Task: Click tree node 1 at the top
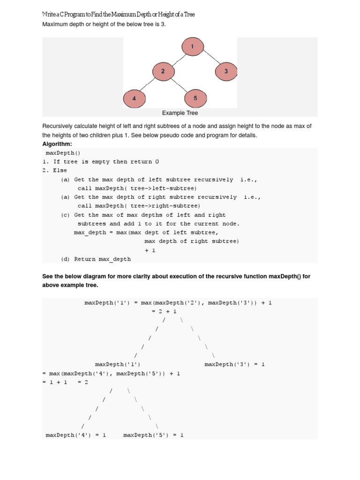point(192,47)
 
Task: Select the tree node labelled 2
point(163,71)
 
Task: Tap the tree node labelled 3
point(226,71)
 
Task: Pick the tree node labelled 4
point(135,98)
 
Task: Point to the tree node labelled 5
point(195,98)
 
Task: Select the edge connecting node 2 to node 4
point(148,85)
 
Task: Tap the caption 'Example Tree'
point(180,113)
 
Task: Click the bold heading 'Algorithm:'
point(57,144)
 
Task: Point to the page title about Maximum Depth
point(119,15)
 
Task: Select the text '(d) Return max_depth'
point(96,259)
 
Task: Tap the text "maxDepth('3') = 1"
point(234,364)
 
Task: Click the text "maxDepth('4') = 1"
point(75,435)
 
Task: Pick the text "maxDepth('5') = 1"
point(153,435)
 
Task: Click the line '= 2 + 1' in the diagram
point(164,311)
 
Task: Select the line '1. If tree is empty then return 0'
point(100,162)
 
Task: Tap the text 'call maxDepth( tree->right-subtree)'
point(139,206)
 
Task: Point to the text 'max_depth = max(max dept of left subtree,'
point(146,232)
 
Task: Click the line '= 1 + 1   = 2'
point(65,382)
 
